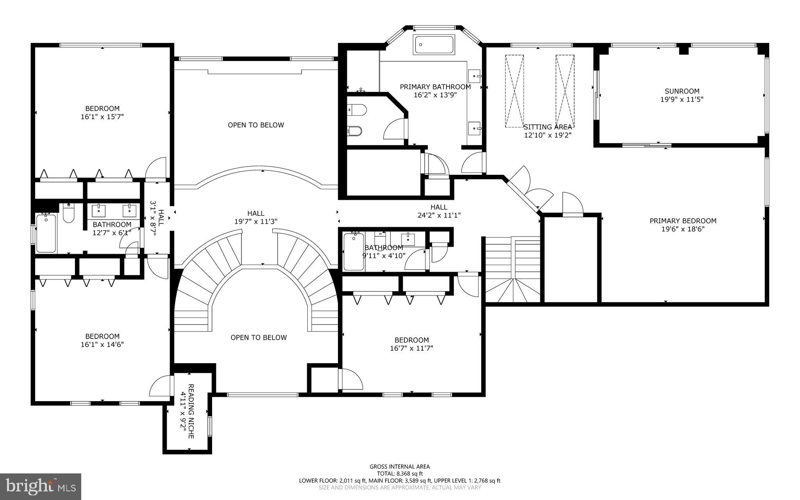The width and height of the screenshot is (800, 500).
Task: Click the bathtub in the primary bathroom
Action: [x=434, y=45]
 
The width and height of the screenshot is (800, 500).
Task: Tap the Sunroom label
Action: [x=682, y=91]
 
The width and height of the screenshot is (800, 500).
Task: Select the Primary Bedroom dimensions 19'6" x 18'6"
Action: [x=682, y=229]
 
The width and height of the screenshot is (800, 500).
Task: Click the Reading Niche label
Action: [x=191, y=411]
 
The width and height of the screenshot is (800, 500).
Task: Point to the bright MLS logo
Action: [x=41, y=486]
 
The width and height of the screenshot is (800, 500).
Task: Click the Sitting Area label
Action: [x=547, y=127]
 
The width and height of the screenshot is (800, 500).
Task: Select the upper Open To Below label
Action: [x=256, y=125]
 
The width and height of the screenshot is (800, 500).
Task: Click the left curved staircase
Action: [x=203, y=274]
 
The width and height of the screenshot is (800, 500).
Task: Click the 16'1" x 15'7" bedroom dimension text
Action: [x=102, y=116]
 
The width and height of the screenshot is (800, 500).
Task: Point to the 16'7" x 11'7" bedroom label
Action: [x=411, y=340]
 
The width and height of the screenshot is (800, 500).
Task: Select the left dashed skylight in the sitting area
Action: [x=514, y=91]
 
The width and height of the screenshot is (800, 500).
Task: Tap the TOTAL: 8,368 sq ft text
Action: [x=400, y=473]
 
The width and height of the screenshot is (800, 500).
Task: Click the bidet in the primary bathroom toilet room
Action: [x=355, y=131]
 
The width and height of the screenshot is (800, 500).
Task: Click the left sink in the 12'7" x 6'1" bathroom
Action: [x=98, y=211]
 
